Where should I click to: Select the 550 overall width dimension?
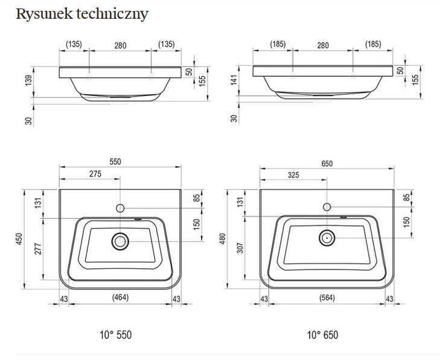coord(115,161)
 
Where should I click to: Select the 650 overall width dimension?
coord(327,163)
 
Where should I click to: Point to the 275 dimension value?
coord(95,174)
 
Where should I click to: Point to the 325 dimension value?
coord(293,175)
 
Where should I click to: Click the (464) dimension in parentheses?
coord(120,298)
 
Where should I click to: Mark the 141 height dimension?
coord(234,80)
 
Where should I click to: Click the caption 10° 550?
coord(115,335)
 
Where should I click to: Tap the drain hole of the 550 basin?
coord(120,242)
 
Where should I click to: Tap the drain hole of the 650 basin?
coord(327,237)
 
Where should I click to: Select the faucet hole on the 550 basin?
coord(120,208)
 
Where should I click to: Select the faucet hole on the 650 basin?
coord(327,207)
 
